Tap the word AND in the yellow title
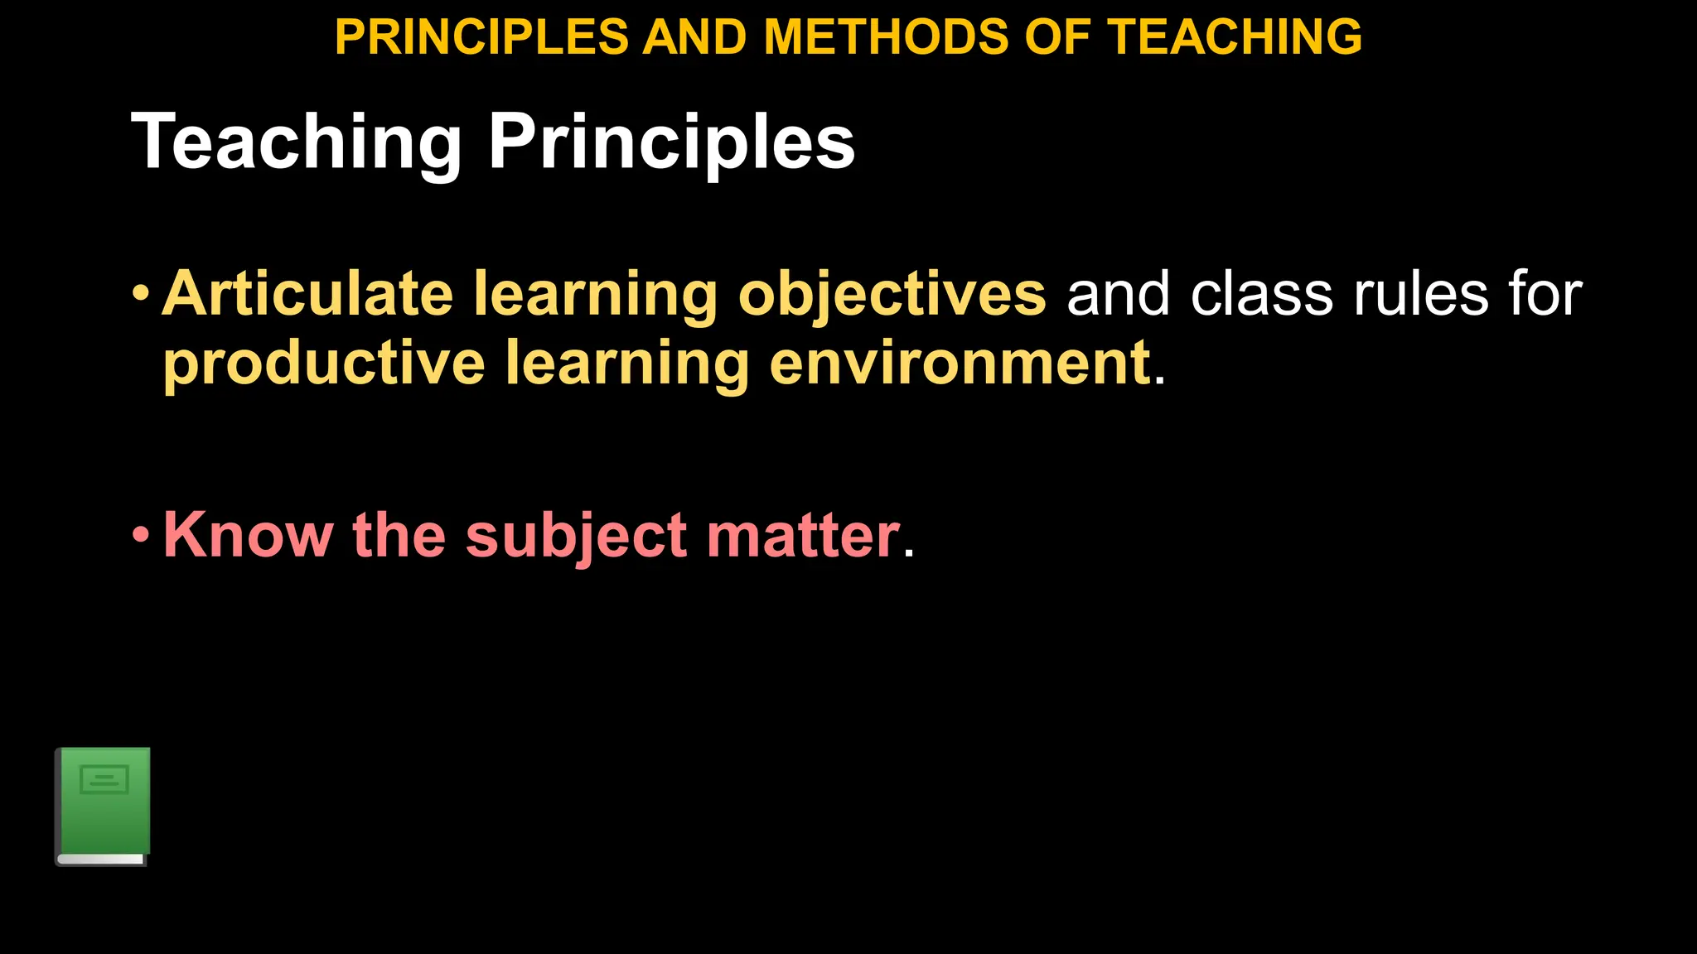pyautogui.click(x=694, y=37)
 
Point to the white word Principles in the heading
pyautogui.click(x=671, y=142)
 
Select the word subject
pyautogui.click(x=576, y=537)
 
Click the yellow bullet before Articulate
pyautogui.click(x=142, y=293)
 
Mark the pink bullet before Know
pyautogui.click(x=142, y=535)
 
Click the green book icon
pyautogui.click(x=103, y=807)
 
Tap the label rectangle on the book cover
pyautogui.click(x=104, y=779)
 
